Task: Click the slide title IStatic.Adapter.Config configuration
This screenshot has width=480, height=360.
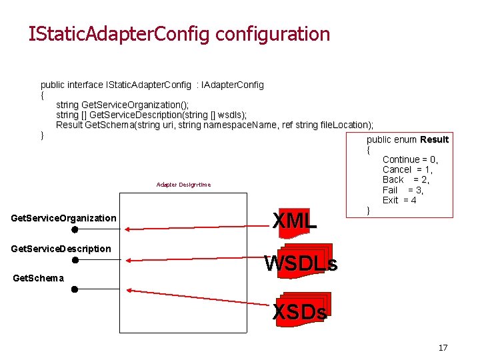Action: click(179, 33)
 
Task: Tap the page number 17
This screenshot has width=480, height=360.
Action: click(443, 347)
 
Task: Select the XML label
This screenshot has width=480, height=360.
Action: click(295, 221)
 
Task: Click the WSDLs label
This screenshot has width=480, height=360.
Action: click(301, 264)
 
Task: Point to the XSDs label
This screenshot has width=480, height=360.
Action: click(300, 311)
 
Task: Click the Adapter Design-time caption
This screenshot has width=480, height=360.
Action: click(183, 185)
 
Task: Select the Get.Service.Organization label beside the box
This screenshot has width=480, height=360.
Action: click(64, 218)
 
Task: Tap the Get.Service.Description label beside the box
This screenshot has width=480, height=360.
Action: click(61, 249)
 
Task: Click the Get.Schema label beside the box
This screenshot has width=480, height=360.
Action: click(39, 278)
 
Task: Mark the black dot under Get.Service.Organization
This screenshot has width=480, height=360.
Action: click(75, 229)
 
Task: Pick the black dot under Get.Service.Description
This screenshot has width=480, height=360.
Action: click(75, 260)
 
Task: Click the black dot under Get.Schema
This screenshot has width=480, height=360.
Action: click(75, 289)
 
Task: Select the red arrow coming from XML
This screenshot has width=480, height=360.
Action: click(200, 228)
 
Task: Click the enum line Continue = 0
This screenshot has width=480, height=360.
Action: click(410, 159)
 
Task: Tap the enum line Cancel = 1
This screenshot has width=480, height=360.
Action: click(407, 169)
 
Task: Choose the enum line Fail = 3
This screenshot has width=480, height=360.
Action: click(403, 190)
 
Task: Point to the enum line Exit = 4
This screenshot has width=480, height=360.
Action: click(399, 200)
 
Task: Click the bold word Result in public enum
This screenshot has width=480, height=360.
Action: click(434, 139)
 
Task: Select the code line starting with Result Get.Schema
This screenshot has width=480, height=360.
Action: click(214, 125)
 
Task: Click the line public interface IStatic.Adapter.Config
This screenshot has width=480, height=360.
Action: click(152, 85)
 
